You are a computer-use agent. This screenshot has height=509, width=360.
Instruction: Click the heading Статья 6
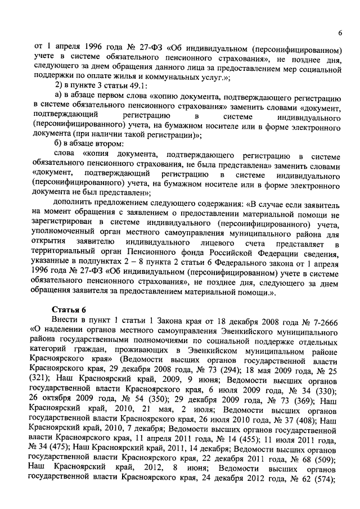point(69,309)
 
